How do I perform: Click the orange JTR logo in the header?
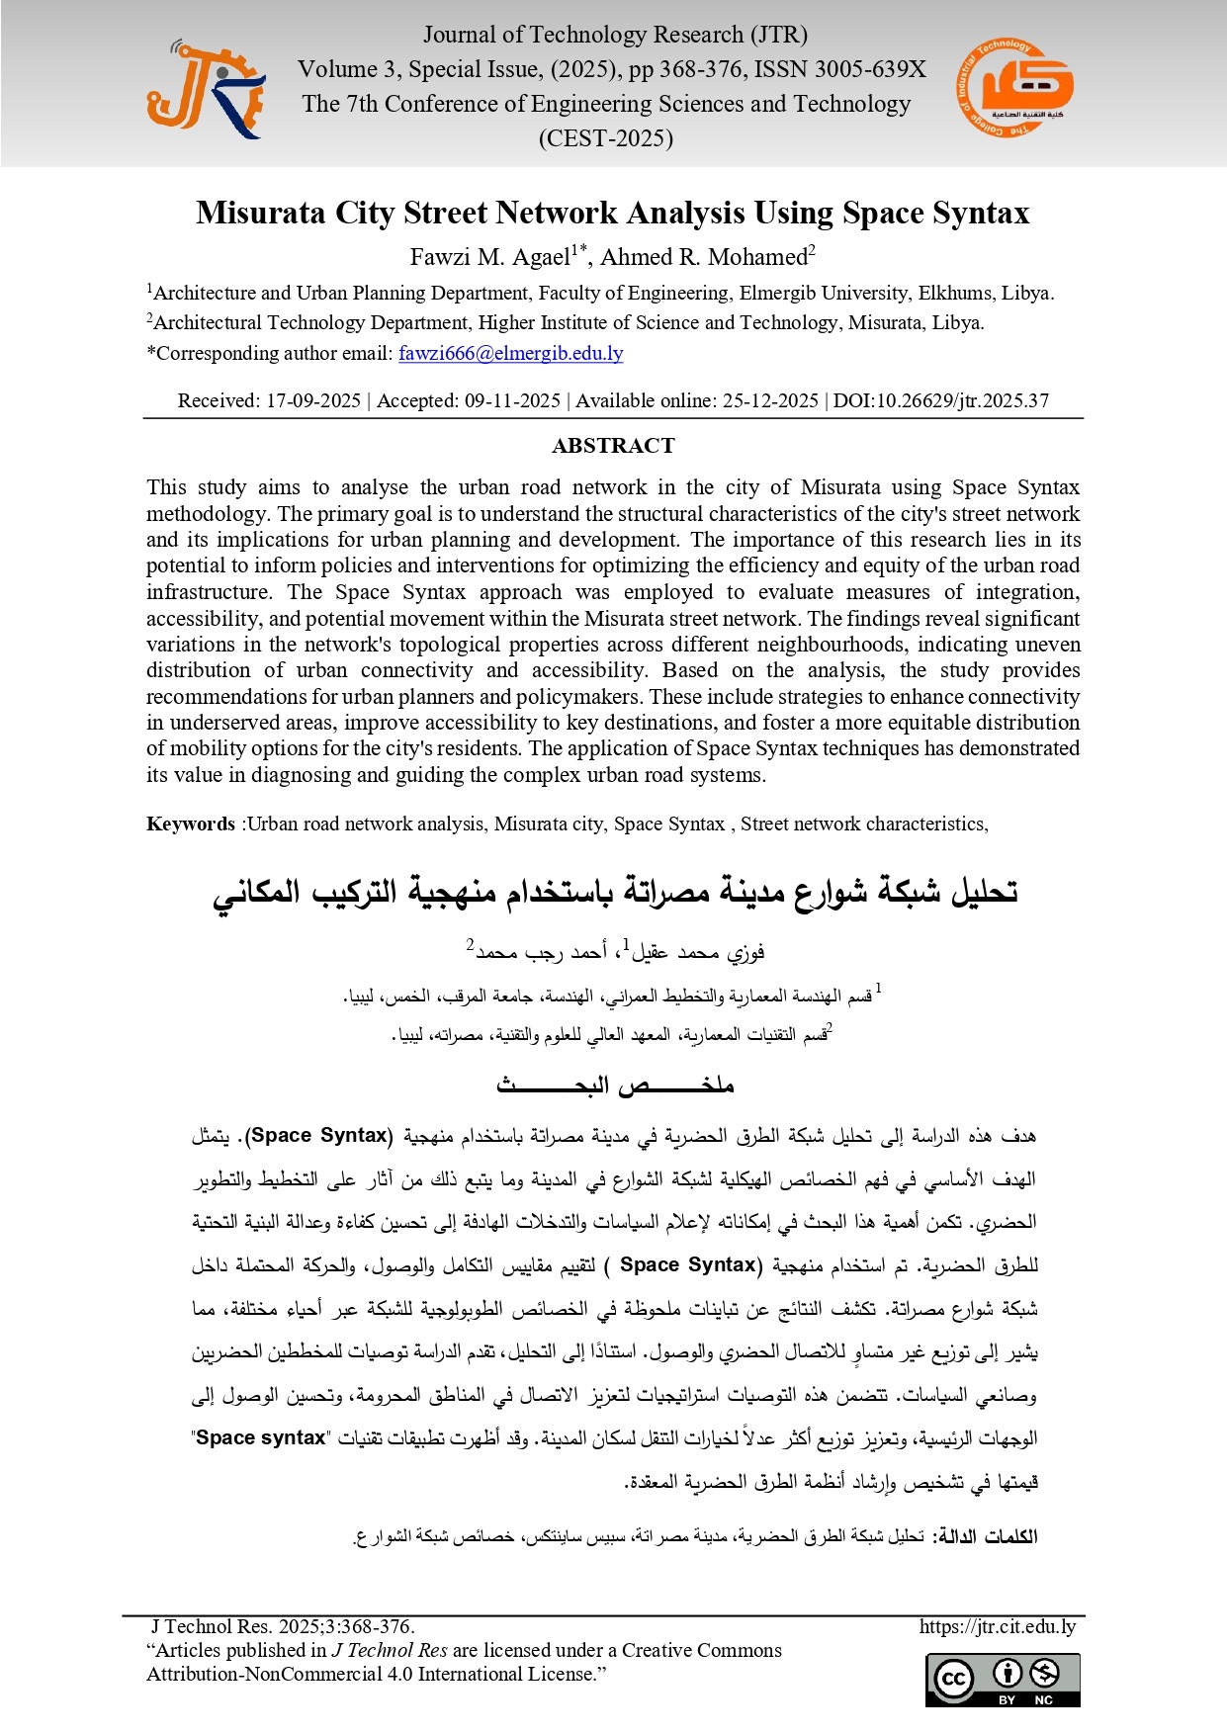click(x=206, y=90)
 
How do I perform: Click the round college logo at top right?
click(x=1014, y=88)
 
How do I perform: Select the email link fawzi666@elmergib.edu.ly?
click(x=510, y=353)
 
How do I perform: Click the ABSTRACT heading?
click(x=613, y=446)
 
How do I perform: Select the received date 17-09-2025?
click(x=313, y=400)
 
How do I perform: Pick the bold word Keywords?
click(x=191, y=824)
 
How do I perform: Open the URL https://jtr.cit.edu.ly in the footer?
click(x=997, y=1626)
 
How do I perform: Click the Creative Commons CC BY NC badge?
click(x=1003, y=1679)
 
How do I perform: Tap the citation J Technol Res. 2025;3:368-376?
click(x=283, y=1626)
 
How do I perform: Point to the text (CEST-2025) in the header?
click(x=605, y=138)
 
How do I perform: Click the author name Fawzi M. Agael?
click(x=489, y=257)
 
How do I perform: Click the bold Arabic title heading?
click(x=615, y=892)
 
